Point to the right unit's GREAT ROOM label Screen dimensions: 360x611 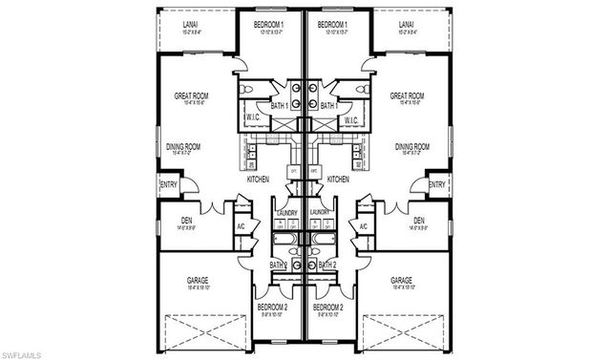407,96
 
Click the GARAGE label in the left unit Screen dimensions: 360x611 198,280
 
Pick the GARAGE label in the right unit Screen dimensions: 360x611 402,280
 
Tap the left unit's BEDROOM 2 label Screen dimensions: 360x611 272,307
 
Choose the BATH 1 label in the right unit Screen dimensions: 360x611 329,105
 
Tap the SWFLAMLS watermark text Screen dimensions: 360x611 20,354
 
